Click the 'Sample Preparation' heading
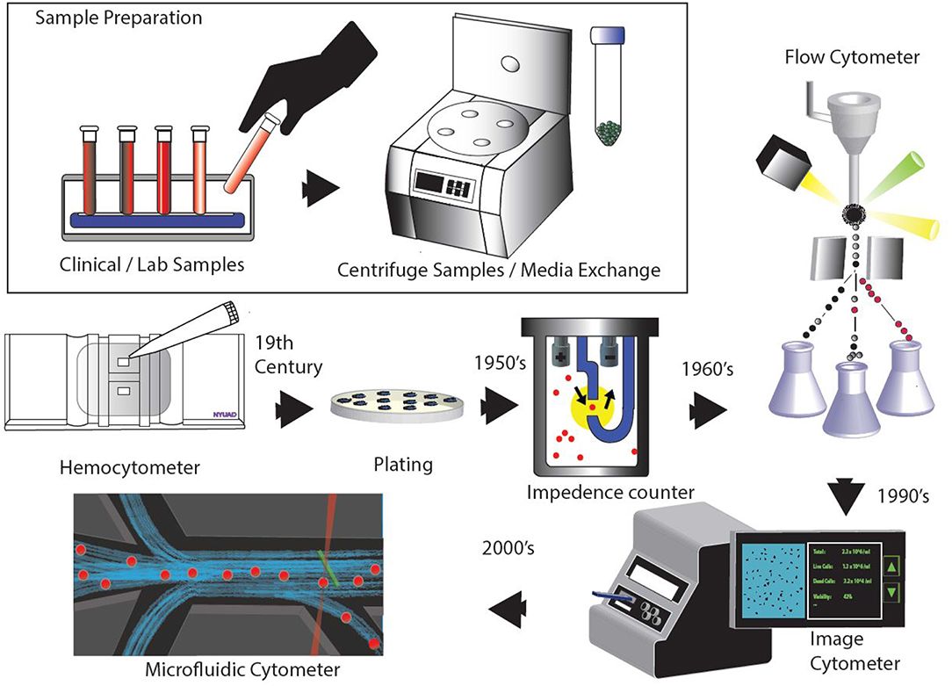tap(118, 18)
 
